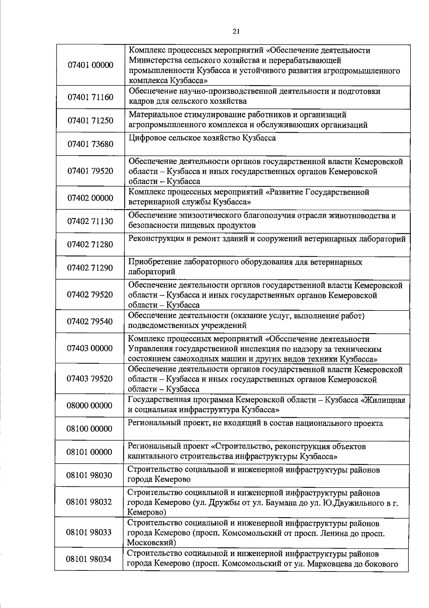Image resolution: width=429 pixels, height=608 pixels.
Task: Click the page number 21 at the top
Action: point(236,31)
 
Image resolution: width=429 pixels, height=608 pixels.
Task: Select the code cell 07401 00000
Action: point(90,65)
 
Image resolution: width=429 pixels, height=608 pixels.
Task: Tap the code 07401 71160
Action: point(90,97)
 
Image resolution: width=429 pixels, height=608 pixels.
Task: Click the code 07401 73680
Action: point(90,144)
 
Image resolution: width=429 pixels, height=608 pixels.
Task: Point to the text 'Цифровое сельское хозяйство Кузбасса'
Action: point(202,138)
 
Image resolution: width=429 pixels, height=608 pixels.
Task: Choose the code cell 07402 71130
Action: point(90,221)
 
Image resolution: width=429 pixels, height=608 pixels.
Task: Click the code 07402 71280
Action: point(90,245)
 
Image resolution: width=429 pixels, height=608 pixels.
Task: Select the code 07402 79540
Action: point(90,322)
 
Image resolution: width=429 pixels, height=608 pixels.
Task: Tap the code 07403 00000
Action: point(90,348)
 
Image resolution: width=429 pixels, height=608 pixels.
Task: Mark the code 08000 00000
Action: point(89,406)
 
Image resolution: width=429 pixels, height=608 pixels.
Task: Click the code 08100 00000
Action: point(89,429)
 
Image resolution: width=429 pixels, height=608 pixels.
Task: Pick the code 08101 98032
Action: point(89,502)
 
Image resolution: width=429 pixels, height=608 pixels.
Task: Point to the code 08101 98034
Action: point(89,559)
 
